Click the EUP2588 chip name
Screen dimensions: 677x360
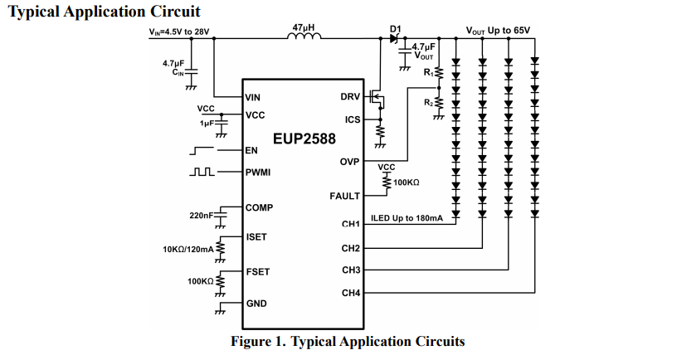point(304,139)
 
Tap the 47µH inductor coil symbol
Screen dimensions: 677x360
point(304,36)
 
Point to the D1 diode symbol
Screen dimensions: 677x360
point(394,38)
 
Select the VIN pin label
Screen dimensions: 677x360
point(252,98)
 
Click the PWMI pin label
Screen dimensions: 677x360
point(258,173)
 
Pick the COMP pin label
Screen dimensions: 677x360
point(259,207)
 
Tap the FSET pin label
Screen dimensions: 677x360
point(258,272)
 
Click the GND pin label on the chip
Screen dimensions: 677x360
point(256,304)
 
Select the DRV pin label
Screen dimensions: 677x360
point(350,97)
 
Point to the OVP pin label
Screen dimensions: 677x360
point(350,162)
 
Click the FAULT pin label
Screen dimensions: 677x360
point(345,197)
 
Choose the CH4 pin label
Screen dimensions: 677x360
point(351,293)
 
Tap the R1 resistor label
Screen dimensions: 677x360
point(428,72)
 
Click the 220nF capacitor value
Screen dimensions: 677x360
point(202,215)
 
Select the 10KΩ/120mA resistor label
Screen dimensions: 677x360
point(188,249)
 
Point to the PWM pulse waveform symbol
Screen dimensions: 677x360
point(202,172)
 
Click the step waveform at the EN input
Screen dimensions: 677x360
point(202,151)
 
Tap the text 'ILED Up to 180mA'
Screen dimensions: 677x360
point(407,218)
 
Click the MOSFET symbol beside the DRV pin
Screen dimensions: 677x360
point(377,100)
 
